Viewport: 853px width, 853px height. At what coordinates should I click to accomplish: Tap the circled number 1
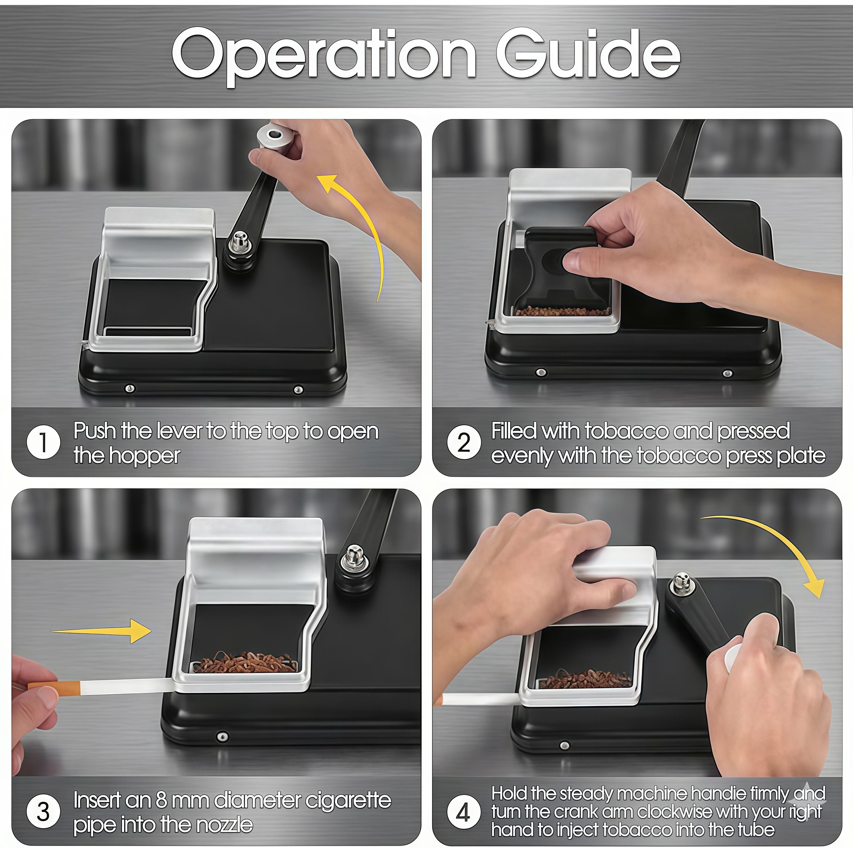[43, 442]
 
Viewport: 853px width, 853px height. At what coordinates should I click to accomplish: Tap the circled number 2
[463, 442]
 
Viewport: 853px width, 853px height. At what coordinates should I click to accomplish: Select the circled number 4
[463, 812]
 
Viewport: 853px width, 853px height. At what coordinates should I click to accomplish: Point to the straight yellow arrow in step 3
[102, 630]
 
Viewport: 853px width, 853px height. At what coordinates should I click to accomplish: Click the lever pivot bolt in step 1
[239, 242]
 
